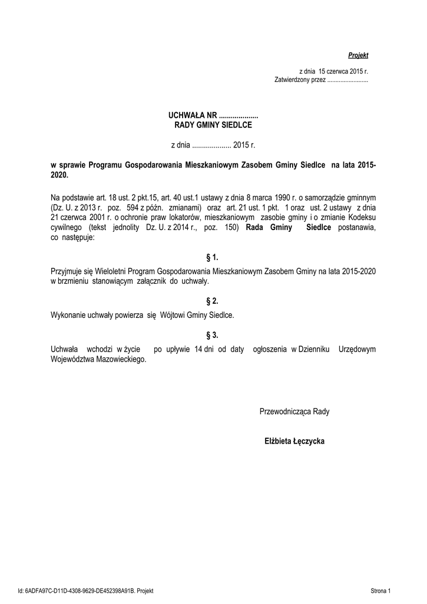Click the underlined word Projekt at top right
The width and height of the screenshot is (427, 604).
pos(358,55)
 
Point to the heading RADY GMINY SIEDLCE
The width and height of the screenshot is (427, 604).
pos(213,125)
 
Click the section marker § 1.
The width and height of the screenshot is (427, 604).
pos(212,257)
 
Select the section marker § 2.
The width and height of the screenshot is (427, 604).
pos(212,301)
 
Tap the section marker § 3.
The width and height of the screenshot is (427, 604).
pos(212,335)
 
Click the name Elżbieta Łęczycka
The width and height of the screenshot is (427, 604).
pos(294,441)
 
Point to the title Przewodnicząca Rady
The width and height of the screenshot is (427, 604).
pos(294,411)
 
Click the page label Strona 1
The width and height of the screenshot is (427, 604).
pos(380,590)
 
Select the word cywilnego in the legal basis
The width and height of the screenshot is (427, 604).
pos(66,227)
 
